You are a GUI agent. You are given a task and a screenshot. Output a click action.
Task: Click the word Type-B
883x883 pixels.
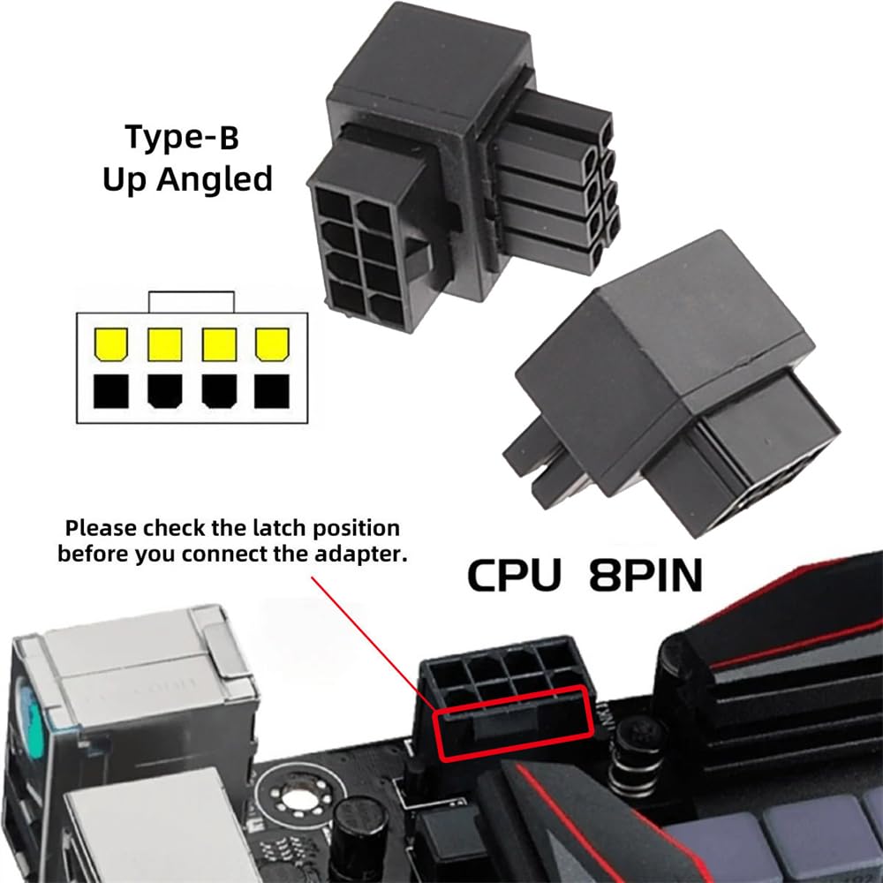(x=182, y=138)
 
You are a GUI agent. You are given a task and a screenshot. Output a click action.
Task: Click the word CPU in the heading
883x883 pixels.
(x=513, y=575)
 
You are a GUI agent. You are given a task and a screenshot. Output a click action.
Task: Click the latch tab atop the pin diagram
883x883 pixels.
(x=192, y=301)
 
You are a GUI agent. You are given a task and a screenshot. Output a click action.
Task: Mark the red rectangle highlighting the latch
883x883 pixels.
(x=511, y=722)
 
